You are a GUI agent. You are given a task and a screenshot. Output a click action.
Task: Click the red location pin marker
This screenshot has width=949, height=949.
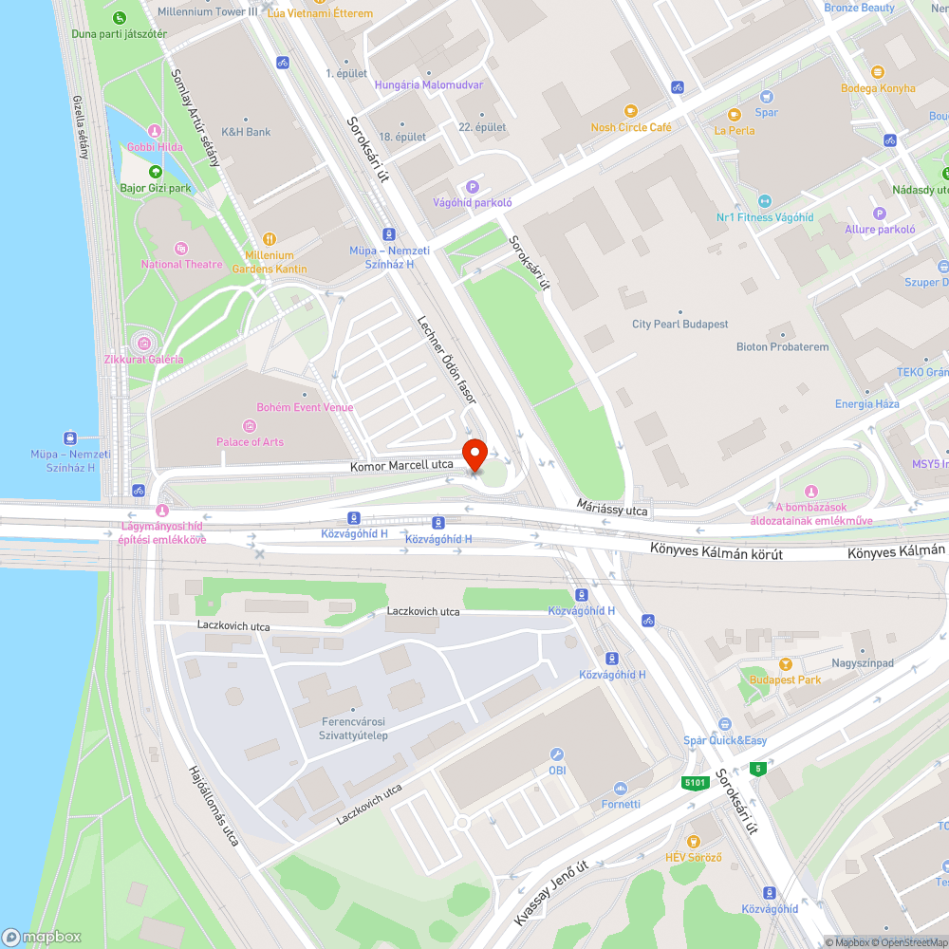(x=474, y=453)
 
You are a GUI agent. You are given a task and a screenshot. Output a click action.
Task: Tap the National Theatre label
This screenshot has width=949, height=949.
(x=182, y=265)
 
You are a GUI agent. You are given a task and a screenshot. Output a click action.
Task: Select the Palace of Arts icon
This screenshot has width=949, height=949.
(x=250, y=426)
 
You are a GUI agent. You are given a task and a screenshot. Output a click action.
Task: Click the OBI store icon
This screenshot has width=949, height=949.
(x=557, y=754)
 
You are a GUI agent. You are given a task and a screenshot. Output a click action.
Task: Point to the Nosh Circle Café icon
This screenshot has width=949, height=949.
(x=631, y=112)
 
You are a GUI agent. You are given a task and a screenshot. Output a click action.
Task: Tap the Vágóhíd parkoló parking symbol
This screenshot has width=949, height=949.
(x=473, y=187)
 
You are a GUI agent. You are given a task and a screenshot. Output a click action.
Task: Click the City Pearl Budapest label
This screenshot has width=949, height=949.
(x=680, y=325)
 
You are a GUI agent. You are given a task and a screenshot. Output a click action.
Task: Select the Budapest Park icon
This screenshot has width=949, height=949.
(x=785, y=664)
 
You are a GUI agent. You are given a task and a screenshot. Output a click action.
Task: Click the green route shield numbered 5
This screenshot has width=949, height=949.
(x=757, y=768)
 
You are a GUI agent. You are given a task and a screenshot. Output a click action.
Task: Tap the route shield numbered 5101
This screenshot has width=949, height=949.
(x=695, y=782)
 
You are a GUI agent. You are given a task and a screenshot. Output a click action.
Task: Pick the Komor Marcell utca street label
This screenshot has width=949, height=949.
(x=401, y=465)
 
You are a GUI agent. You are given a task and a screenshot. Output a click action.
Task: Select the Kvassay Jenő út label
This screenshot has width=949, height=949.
(x=551, y=893)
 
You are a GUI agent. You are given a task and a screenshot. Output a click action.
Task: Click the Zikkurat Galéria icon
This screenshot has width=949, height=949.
(x=143, y=343)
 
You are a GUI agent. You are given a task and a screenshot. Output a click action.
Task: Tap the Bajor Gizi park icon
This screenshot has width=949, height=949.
(x=156, y=172)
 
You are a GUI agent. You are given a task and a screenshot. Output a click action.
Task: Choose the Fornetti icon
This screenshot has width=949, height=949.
(x=621, y=788)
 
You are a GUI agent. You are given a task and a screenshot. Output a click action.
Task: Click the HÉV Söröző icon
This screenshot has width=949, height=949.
(x=694, y=841)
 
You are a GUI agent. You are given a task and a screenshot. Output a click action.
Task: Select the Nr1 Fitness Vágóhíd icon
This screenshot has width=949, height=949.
(x=765, y=201)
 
